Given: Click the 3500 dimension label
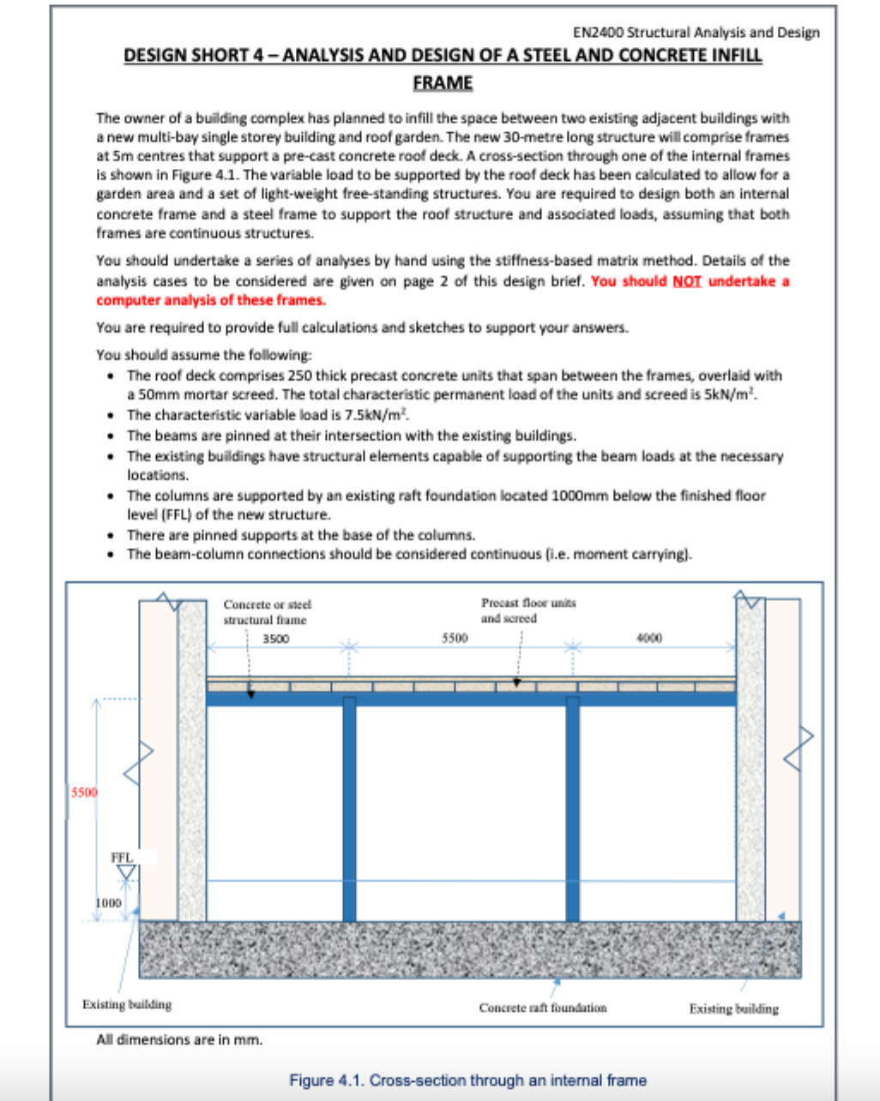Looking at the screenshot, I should [x=275, y=639].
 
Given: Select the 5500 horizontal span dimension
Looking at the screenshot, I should [x=455, y=638].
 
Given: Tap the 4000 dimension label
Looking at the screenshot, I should [x=649, y=638].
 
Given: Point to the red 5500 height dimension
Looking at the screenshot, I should [x=84, y=792].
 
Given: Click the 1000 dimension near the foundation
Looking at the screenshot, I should [x=108, y=902].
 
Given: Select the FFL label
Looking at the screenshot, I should [x=122, y=857].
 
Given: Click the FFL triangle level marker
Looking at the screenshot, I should [x=127, y=873].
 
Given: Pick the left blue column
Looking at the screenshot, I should [x=349, y=810].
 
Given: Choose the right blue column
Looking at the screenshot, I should [x=572, y=810].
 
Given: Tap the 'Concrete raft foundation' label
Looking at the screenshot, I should [x=542, y=1008].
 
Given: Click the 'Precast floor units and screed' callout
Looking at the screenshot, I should [x=528, y=611].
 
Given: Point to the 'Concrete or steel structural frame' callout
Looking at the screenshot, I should [x=266, y=612].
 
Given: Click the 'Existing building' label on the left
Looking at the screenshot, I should [x=127, y=1004].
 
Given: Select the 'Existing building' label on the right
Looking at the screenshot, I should [x=734, y=1008].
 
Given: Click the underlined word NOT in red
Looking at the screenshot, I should [x=687, y=281].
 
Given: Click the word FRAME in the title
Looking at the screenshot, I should [x=443, y=83].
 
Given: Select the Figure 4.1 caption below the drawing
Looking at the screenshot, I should [x=467, y=1080].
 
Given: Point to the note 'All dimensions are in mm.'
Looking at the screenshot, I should [x=179, y=1039].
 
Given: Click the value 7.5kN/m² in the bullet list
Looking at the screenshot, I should [x=374, y=415].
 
